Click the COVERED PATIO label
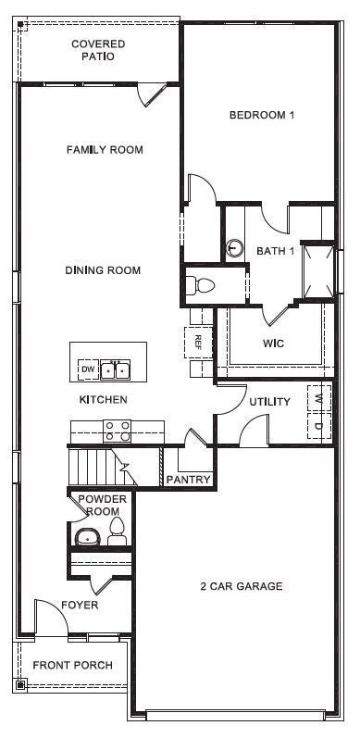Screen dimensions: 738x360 point(98,50)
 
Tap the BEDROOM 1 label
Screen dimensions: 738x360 point(262,116)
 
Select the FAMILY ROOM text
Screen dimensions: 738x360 point(105,149)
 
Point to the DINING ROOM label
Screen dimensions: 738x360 point(103,270)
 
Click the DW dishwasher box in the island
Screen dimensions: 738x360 point(88,369)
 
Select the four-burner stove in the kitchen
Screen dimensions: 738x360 point(117,431)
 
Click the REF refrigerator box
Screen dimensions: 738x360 point(197,341)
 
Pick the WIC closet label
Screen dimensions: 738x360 point(273,344)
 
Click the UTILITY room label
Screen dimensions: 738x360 point(269,402)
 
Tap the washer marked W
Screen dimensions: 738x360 point(318,398)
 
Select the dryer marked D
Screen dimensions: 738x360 point(318,426)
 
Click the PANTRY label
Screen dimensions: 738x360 point(189,480)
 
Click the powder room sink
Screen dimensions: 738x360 point(87,535)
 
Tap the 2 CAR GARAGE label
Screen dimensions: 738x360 point(242,586)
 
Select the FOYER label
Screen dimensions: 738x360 point(81,606)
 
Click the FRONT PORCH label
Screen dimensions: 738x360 point(73,665)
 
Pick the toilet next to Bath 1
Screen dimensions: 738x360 point(201,284)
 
